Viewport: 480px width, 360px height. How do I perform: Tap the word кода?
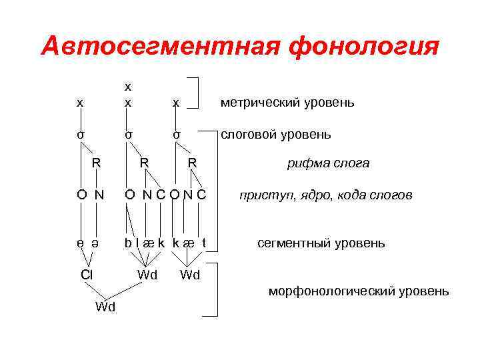coord(347,196)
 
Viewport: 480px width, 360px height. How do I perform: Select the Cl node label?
coord(87,274)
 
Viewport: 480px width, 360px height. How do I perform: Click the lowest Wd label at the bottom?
coord(105,307)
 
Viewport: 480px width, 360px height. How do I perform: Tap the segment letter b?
coord(128,242)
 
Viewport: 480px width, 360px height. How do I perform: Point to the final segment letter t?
coord(204,242)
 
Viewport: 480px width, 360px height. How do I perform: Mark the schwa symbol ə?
coord(98,243)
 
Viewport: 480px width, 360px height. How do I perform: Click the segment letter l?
coord(137,242)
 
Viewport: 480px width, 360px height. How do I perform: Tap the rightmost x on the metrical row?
coord(175,103)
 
